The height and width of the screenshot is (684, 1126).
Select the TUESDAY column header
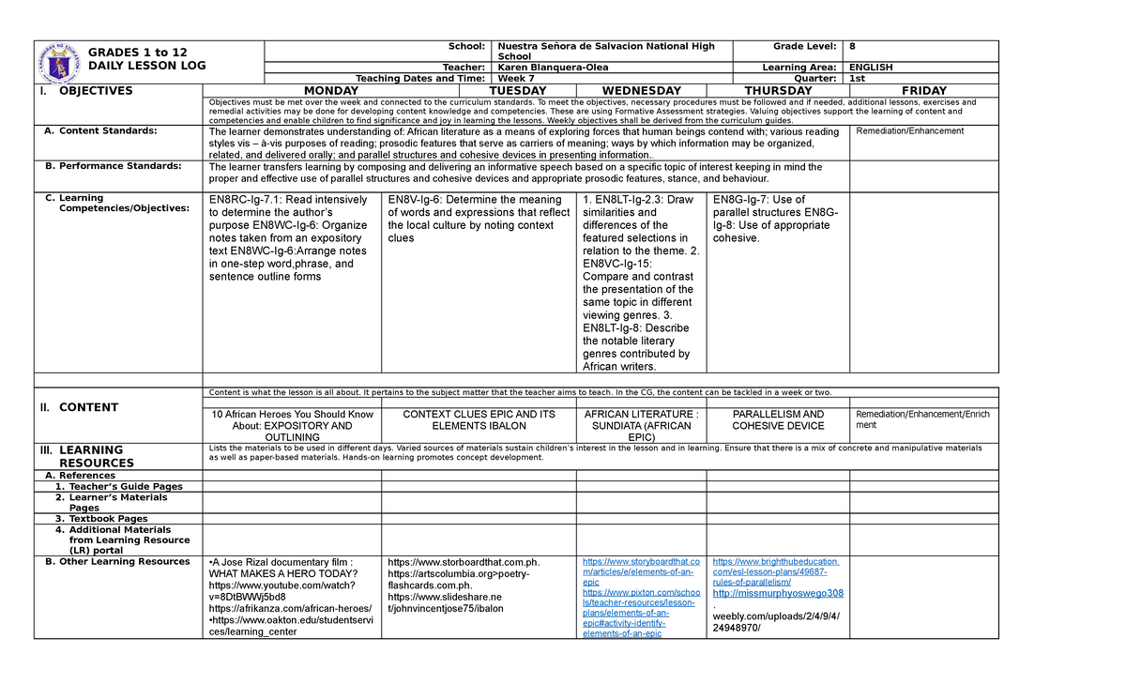(x=479, y=91)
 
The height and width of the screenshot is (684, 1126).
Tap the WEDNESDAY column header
(x=640, y=91)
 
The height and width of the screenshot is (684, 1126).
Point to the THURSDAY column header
(x=778, y=91)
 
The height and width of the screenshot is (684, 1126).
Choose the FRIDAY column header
(x=923, y=91)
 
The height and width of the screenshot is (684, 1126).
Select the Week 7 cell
(x=517, y=79)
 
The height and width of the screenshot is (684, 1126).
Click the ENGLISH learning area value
(x=871, y=68)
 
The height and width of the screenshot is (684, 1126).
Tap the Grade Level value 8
(x=852, y=46)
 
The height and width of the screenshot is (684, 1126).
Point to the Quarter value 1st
(x=858, y=79)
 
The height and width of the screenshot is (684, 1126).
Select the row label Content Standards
(x=108, y=131)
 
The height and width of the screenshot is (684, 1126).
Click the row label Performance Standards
(x=119, y=166)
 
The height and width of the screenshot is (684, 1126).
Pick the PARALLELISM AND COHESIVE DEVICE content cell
(x=778, y=419)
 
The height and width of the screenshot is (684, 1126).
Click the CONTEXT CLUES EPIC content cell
(x=479, y=419)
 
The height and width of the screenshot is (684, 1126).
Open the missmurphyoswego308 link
(x=778, y=593)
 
